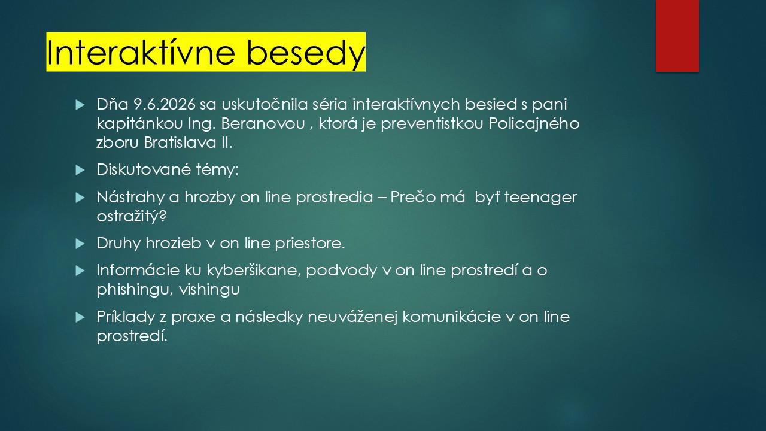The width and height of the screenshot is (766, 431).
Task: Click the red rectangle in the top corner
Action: [677, 36]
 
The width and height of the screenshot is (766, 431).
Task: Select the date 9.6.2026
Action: [164, 104]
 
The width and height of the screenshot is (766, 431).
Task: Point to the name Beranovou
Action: [263, 123]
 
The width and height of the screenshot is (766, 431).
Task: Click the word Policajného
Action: [534, 124]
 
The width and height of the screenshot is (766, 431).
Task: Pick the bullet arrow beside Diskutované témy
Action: [80, 170]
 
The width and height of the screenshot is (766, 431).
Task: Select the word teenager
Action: [540, 198]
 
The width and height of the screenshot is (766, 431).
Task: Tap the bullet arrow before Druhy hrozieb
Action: [80, 244]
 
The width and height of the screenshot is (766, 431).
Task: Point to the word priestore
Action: [309, 243]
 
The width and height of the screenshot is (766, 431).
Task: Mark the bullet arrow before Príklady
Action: [80, 317]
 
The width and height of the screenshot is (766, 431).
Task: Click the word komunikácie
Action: [452, 317]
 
